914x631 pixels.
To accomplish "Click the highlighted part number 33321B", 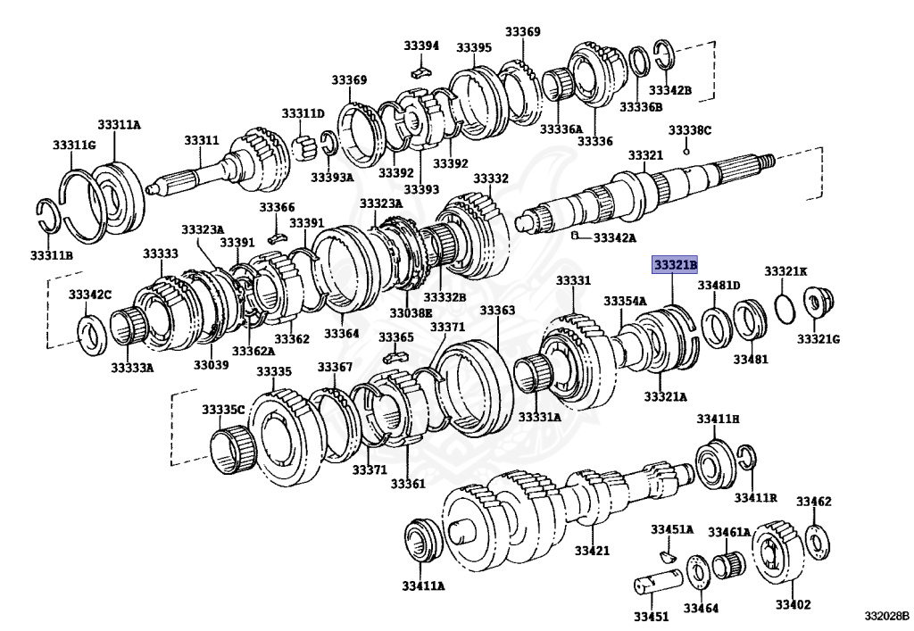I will (675, 265).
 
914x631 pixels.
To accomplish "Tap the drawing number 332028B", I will (885, 616).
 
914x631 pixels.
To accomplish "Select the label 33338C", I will (690, 130).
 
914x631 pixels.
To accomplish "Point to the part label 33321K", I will (785, 270).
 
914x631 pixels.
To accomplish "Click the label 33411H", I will (719, 419).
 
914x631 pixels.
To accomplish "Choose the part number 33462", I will (814, 502).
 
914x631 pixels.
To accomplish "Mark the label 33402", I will (793, 604).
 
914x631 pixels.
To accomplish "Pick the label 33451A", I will (671, 529).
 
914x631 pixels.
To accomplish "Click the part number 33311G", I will (73, 145).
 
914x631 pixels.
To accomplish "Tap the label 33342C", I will (90, 295).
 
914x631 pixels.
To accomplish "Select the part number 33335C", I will (222, 410).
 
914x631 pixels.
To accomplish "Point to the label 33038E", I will (411, 313).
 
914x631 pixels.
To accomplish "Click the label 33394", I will (421, 46).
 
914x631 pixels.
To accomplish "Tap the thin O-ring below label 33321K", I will (782, 306).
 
